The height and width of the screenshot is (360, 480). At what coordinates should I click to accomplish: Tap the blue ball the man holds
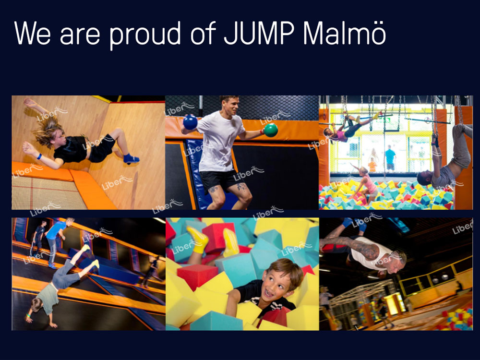[x=190, y=122]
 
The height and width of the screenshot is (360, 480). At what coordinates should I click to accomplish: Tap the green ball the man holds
[x=271, y=130]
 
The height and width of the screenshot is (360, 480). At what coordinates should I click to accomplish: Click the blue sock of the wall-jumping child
[x=131, y=158]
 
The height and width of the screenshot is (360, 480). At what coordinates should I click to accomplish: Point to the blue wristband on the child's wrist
[x=39, y=156]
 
